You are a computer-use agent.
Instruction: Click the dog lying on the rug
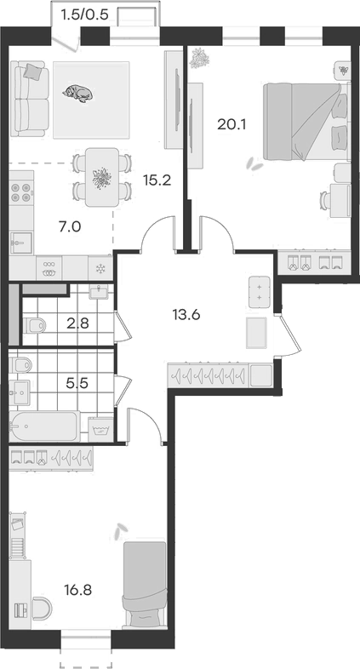pos(82,95)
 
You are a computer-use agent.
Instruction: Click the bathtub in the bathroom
pos(43,423)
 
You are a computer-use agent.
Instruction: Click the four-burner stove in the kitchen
pos(20,192)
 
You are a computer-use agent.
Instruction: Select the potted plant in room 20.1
pos(201,59)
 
